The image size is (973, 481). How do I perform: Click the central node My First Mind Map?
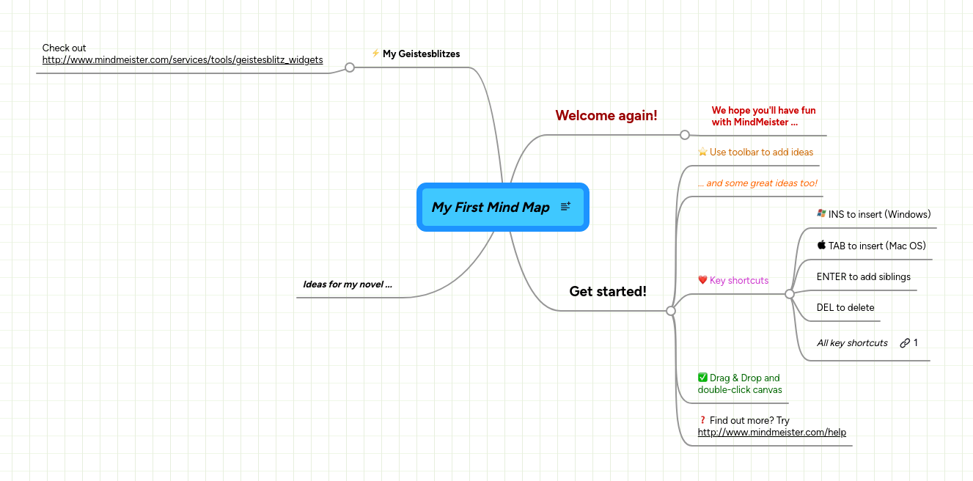[x=490, y=208]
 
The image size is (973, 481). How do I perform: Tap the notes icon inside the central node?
[x=565, y=207]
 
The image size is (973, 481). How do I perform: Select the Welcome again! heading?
[x=606, y=115]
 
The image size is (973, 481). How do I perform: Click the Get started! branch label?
[x=608, y=291]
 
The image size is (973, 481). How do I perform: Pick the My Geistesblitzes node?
[x=421, y=54]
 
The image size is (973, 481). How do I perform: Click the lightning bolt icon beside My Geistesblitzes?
[x=375, y=53]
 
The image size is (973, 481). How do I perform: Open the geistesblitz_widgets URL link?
[x=183, y=60]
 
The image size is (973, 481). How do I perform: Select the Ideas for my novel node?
[x=347, y=284]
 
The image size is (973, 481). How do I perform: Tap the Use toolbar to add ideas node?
[x=761, y=152]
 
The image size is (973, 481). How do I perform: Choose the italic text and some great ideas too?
[x=757, y=183]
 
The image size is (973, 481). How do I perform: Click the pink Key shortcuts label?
[x=739, y=280]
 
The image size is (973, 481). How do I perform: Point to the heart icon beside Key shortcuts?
[x=702, y=280]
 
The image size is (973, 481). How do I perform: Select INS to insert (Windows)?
[x=879, y=214]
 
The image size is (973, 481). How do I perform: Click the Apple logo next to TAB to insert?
[x=821, y=245]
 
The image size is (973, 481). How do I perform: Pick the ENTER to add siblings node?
[x=863, y=276]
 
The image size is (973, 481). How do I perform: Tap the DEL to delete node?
[x=845, y=307]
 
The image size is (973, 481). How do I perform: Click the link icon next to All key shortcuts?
[x=905, y=342]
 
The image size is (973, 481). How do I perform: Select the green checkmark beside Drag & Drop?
[x=702, y=378]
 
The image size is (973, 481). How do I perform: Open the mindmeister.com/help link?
[x=771, y=433]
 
